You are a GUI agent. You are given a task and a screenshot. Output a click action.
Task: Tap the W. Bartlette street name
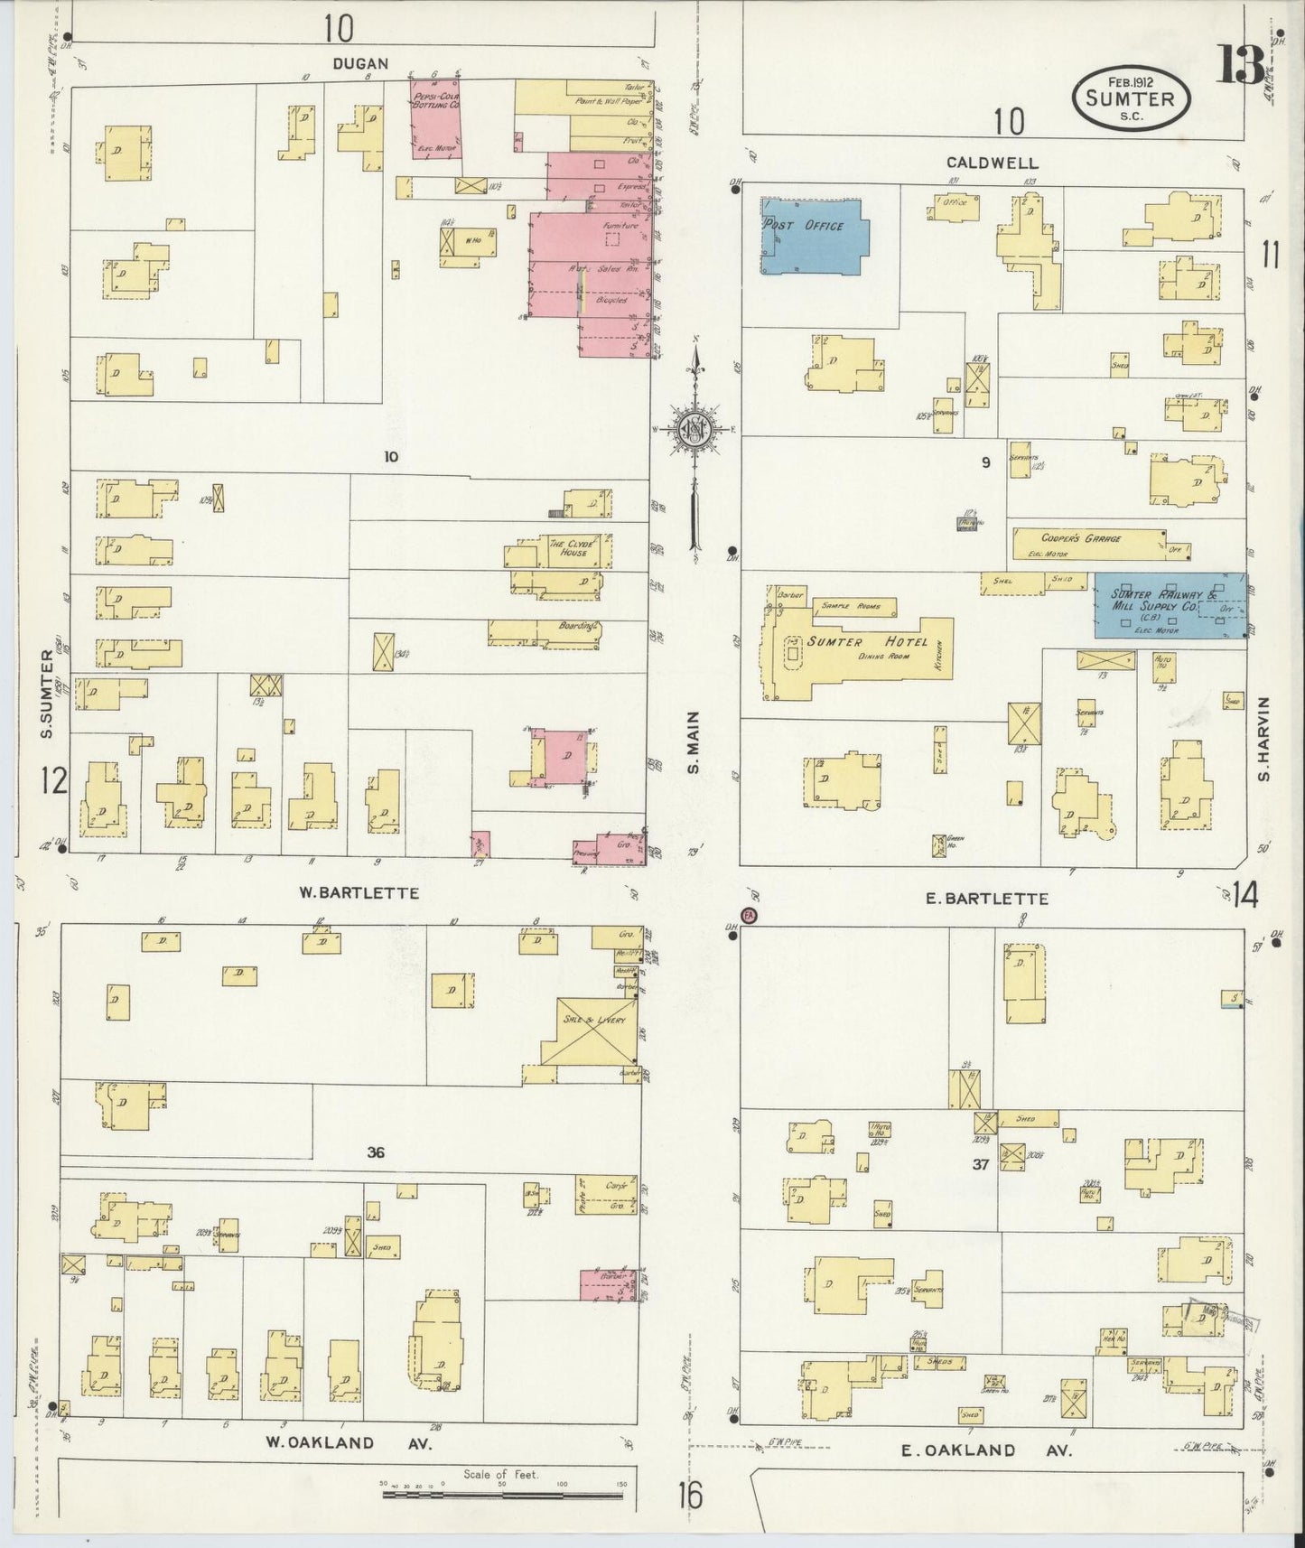pos(359,892)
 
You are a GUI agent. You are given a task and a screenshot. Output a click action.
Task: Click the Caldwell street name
pos(992,163)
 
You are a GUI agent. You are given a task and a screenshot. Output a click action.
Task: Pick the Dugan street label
pos(360,63)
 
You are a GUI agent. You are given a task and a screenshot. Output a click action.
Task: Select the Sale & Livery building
pos(590,1030)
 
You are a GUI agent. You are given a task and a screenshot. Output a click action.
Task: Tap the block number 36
pos(377,1152)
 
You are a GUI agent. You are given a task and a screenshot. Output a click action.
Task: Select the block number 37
pos(981,1164)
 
